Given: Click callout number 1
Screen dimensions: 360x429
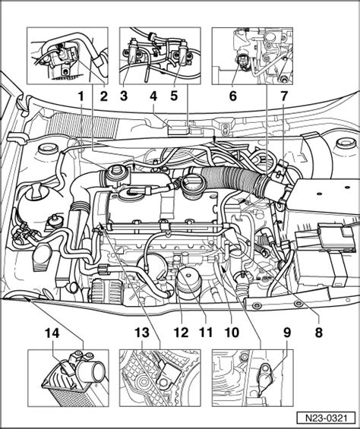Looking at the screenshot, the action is coord(81,96).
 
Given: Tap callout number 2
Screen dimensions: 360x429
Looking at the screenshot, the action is coord(104,96).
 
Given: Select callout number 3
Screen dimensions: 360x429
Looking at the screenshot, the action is coord(124,96).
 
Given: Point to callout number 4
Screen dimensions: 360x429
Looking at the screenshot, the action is coord(153,96).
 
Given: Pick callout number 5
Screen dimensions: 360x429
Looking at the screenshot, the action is coord(174,96).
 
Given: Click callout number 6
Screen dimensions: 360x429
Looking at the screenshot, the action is coord(232,96).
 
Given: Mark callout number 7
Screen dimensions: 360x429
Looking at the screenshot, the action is coord(283,96).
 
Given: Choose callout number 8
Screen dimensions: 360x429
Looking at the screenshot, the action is coord(319,333).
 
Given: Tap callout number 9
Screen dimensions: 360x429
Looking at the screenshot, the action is coord(286,333).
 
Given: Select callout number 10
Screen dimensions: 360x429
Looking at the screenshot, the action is coord(232,333).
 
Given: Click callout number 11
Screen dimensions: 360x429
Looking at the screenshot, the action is coord(206,333).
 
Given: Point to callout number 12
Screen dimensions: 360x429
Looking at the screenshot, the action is coord(182,333).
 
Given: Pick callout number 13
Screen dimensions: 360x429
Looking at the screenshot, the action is coord(142,333).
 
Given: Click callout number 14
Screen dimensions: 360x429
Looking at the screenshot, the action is coord(52,333).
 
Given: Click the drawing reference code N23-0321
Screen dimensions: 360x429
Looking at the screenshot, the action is coord(326,418).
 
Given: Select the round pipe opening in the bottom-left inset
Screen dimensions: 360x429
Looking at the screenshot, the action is coord(95,371).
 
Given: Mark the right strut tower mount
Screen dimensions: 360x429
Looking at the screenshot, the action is coord(346,144).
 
